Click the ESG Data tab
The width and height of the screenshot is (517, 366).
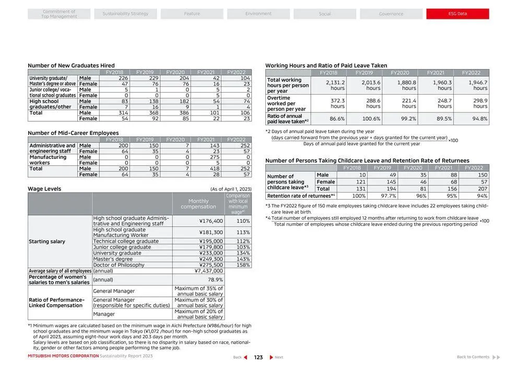click(x=457, y=14)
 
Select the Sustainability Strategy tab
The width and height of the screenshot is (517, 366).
click(x=125, y=14)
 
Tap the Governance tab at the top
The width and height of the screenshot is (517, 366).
click(x=391, y=14)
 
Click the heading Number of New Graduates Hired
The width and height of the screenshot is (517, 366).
click(x=71, y=65)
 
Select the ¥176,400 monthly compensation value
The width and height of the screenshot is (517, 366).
click(x=211, y=221)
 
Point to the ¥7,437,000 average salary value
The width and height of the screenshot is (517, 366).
click(x=209, y=271)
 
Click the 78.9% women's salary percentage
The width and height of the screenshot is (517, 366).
click(x=215, y=280)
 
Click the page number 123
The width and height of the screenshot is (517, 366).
click(x=258, y=357)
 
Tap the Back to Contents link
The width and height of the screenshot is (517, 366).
click(x=473, y=357)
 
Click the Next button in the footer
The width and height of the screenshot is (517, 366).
click(x=277, y=357)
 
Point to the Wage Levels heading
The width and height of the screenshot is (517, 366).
click(x=44, y=189)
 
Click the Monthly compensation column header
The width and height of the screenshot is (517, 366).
click(x=198, y=204)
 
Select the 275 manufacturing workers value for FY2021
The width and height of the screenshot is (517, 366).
click(x=214, y=157)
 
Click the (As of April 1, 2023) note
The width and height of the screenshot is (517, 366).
click(x=230, y=189)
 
